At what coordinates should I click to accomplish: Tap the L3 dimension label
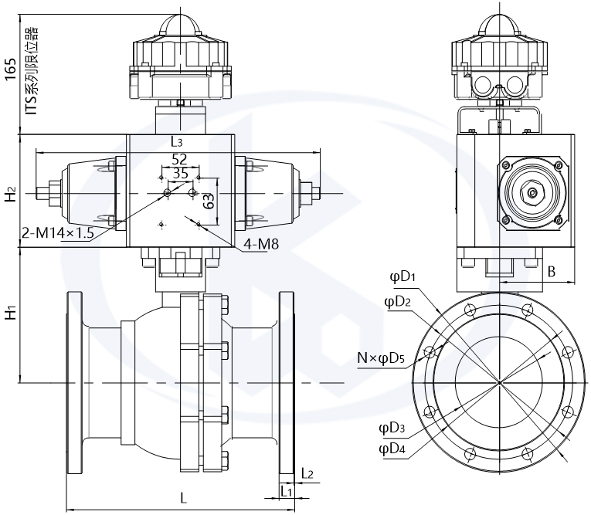pyautogui.click(x=176, y=142)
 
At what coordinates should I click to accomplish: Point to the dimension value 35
pyautogui.click(x=180, y=174)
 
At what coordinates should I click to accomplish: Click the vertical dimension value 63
pyautogui.click(x=208, y=202)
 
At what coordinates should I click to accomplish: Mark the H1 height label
pyautogui.click(x=11, y=313)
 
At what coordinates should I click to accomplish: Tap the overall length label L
pyautogui.click(x=183, y=498)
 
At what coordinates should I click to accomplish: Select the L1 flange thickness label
pyautogui.click(x=286, y=490)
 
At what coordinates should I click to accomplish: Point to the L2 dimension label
pyautogui.click(x=307, y=473)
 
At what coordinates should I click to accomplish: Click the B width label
pyautogui.click(x=552, y=271)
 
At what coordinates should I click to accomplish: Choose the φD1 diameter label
pyautogui.click(x=402, y=277)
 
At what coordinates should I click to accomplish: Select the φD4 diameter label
pyautogui.click(x=392, y=449)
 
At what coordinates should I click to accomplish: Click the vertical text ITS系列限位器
pyautogui.click(x=31, y=70)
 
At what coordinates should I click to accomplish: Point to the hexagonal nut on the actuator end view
pyautogui.click(x=532, y=192)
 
